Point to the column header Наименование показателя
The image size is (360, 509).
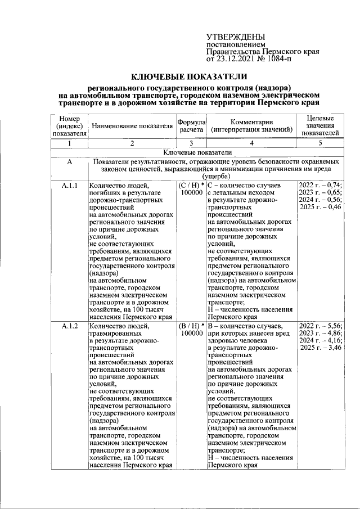[x=132, y=126]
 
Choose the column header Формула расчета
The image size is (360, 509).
[x=191, y=126]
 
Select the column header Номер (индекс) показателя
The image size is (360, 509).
[x=70, y=126]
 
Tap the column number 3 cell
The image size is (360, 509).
[x=191, y=143]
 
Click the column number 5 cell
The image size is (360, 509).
[x=320, y=143]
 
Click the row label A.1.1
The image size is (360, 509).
[x=70, y=186]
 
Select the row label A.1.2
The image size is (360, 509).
[x=70, y=326]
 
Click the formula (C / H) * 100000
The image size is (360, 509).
[x=191, y=189]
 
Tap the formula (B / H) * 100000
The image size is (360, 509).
[x=191, y=330]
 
